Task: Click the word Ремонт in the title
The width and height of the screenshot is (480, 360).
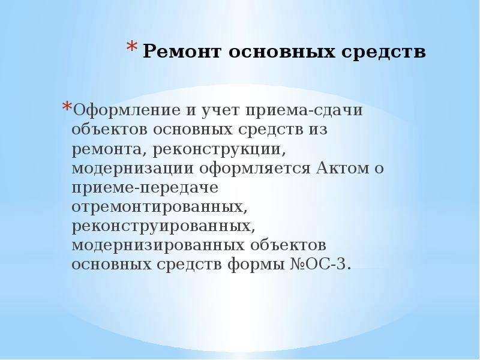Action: (182, 51)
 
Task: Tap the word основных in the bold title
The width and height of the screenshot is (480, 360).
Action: (281, 52)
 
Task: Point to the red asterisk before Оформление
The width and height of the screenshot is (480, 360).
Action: (67, 107)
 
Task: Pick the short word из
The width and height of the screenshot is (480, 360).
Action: (317, 129)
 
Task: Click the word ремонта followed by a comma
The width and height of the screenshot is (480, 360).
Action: (109, 149)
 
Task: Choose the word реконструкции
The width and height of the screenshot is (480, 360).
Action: (219, 149)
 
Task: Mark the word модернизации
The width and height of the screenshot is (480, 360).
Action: (133, 169)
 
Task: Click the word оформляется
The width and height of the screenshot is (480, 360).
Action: (255, 169)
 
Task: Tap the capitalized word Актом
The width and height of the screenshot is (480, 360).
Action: (343, 168)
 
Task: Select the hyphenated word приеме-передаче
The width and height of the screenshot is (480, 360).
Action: (145, 188)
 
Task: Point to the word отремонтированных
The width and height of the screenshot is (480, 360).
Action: (159, 207)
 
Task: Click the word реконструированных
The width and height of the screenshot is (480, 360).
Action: (163, 227)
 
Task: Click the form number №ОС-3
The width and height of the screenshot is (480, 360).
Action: (320, 264)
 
